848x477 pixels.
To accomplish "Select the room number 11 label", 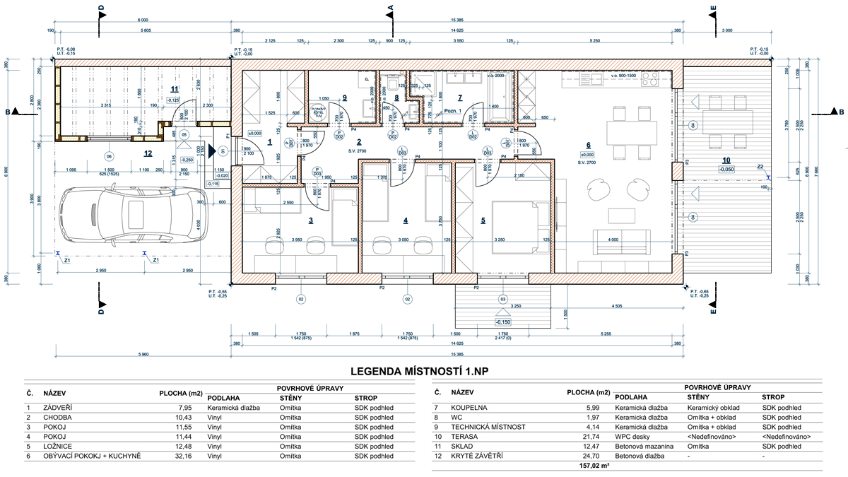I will click(175, 88).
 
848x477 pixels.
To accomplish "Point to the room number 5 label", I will click(483, 220).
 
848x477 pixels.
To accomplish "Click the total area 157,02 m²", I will click(595, 466).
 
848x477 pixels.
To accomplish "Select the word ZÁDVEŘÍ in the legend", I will click(58, 407).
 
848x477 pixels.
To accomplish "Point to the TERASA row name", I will click(464, 437).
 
